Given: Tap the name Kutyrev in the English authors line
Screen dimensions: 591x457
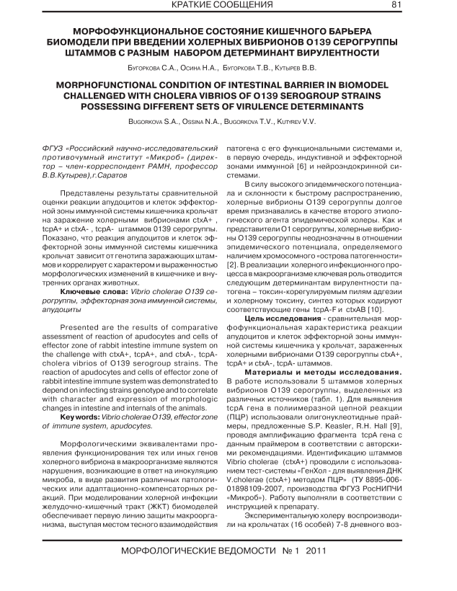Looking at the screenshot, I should pyautogui.click(x=295, y=124).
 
